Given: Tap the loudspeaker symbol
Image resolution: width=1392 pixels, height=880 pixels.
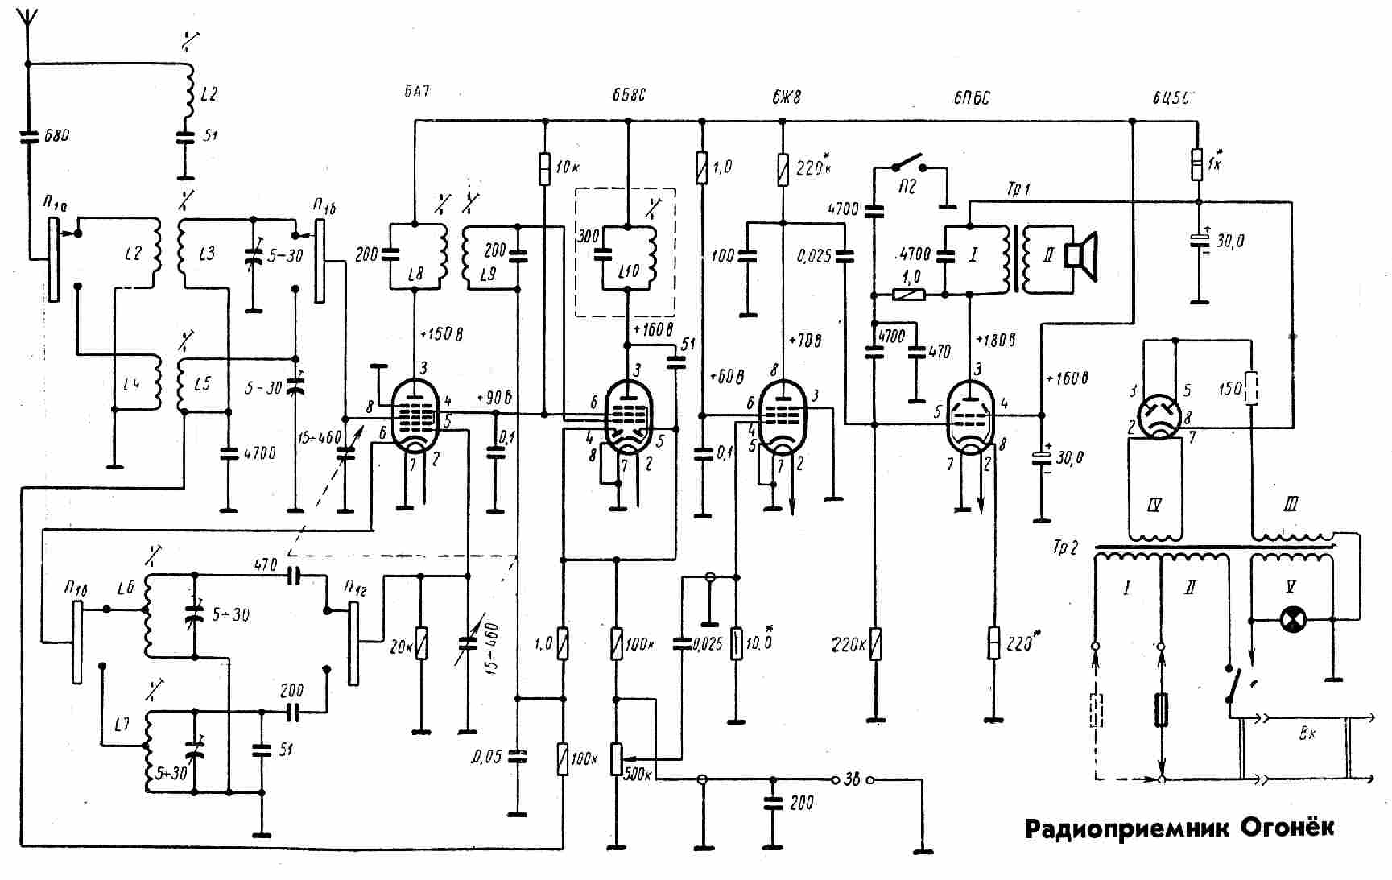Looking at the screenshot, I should point(1080,256).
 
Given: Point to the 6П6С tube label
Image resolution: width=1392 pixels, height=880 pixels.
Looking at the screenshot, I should point(972,97).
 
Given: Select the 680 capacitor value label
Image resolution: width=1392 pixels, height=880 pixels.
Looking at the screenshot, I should point(56,136).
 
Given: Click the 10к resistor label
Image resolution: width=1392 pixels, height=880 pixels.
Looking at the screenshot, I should point(568,167).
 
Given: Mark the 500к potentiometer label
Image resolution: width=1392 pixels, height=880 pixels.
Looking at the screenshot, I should point(637,775).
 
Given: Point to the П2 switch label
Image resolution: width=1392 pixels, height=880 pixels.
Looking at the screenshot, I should point(907,187).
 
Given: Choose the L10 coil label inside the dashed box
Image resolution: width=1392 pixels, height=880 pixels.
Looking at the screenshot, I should point(629,271).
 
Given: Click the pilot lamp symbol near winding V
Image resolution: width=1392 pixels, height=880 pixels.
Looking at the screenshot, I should point(1293,620).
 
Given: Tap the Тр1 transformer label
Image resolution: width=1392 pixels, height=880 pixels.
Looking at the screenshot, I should point(1018,190).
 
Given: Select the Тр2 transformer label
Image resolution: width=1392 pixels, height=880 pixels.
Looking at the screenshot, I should point(1064,548).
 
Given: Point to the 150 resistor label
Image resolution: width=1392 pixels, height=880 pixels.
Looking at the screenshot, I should point(1229,390).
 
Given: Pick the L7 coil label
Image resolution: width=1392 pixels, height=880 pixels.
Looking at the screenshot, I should point(122,725).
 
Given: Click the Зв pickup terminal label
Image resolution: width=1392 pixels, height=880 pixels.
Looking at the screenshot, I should point(852,779).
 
